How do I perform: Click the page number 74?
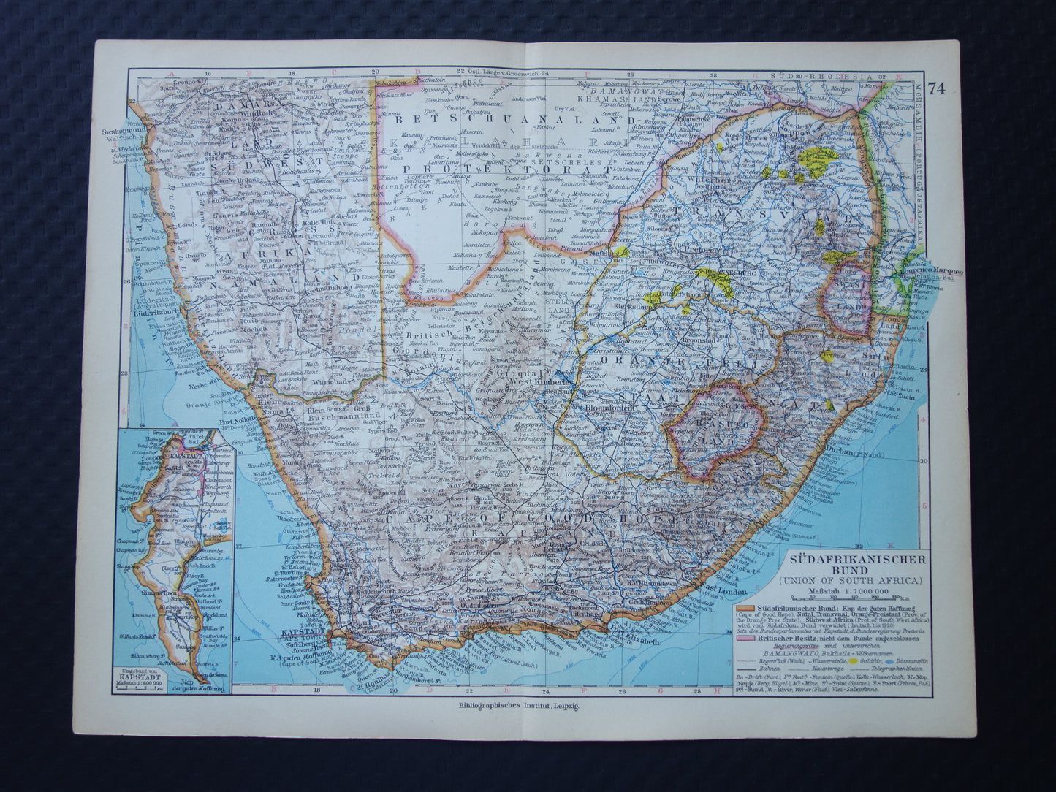click(937, 88)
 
